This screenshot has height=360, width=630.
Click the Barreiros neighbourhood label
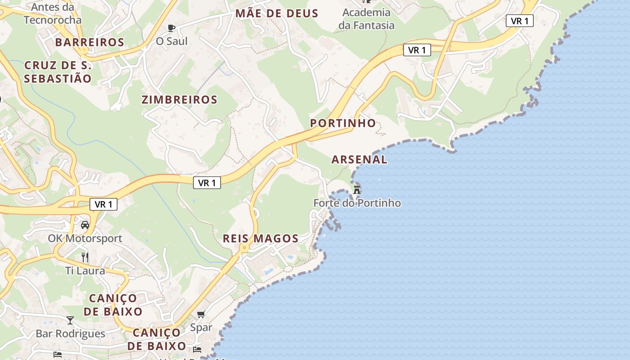coord(90,42)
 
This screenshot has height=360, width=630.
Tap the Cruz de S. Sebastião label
coord(58,72)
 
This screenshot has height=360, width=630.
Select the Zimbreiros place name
coord(180,99)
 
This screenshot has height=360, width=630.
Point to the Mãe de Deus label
coord(277,13)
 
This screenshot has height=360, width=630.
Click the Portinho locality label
coord(343,123)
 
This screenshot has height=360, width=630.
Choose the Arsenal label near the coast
coord(359,159)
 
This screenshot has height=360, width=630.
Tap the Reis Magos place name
coord(261,238)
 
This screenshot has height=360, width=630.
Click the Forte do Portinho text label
coord(357,203)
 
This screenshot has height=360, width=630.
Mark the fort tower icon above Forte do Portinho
coord(357,189)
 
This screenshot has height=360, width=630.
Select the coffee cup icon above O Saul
coord(171,28)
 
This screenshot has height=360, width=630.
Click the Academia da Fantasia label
coord(366,19)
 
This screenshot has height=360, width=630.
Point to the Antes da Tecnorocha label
coord(53,13)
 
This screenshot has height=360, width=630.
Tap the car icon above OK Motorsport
coord(85,225)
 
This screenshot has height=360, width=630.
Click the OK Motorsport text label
coord(85,238)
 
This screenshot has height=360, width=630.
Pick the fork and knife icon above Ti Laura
coord(85,257)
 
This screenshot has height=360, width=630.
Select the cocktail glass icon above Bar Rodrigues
coord(70,320)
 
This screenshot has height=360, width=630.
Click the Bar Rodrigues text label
coord(70,333)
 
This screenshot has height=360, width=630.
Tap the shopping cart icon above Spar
coord(201,314)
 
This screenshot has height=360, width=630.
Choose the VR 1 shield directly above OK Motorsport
coord(103,204)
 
